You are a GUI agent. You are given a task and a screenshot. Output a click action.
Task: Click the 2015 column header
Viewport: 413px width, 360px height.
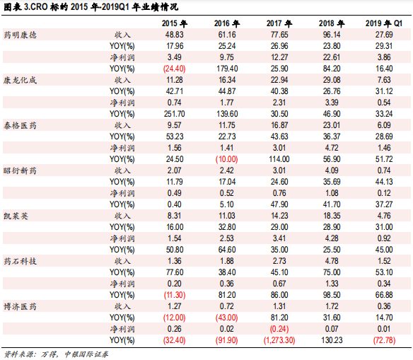pos(174,23)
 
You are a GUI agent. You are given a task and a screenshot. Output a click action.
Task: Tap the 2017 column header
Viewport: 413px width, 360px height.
pos(277,23)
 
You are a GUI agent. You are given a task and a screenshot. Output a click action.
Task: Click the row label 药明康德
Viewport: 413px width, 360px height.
pos(21,35)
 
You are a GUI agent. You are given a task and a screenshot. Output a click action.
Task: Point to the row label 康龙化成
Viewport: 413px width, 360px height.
pos(21,80)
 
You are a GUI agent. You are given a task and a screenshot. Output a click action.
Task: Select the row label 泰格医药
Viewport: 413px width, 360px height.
pos(21,124)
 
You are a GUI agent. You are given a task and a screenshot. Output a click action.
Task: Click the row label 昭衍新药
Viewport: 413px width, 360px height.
pos(21,170)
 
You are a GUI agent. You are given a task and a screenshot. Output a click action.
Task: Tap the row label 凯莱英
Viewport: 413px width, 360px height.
pos(18,215)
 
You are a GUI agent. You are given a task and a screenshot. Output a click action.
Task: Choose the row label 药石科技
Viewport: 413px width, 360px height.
pos(21,260)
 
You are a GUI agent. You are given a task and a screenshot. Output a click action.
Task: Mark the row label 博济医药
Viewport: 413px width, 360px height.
pos(21,306)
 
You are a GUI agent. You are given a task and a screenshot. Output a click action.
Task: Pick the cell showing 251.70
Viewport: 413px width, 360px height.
pos(174,113)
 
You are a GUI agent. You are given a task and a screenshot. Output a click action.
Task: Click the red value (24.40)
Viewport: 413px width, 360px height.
pos(174,68)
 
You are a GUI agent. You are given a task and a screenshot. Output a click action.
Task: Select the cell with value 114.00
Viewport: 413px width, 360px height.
pos(278,158)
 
